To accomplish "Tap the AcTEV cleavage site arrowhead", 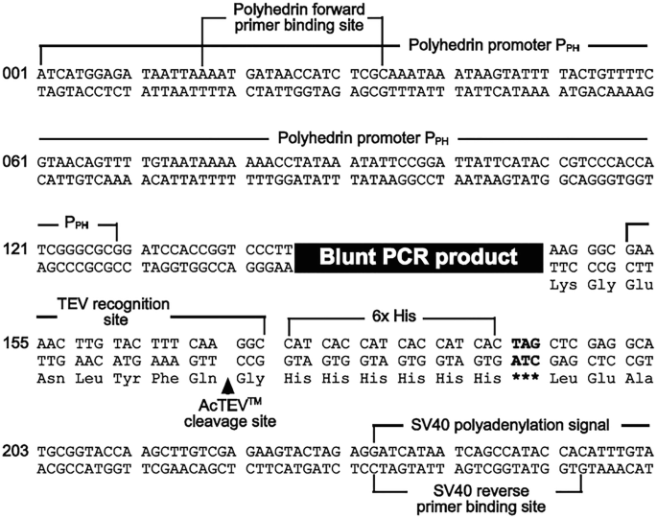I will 227,386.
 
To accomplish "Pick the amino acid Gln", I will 199,378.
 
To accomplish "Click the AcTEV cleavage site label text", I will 226,412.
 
